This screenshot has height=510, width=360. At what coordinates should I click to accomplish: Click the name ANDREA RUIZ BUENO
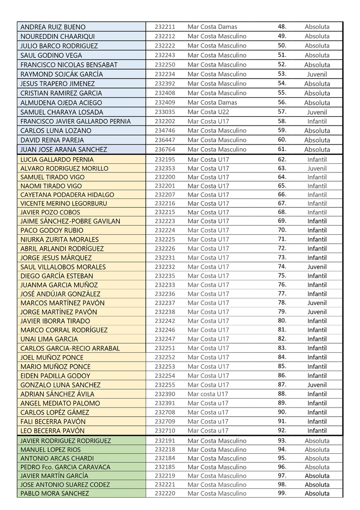pos(53,27)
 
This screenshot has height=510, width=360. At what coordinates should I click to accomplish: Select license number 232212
pos(165,36)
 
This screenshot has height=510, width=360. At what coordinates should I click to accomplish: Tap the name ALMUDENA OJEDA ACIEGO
pos(61,102)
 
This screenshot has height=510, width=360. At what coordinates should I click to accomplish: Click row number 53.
pos(282,74)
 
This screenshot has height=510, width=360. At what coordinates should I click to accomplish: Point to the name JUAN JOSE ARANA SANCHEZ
pos(64,149)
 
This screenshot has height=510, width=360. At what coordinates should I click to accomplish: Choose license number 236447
pos(165,140)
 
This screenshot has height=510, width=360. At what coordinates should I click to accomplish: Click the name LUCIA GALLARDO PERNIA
pos(57,160)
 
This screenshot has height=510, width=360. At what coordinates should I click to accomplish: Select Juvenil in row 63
pos(317,168)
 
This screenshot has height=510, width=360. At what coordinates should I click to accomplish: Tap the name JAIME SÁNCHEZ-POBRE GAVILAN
pos(70,221)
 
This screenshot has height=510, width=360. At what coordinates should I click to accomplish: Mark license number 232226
pos(165,248)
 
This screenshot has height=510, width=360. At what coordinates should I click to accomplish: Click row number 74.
pos(282,266)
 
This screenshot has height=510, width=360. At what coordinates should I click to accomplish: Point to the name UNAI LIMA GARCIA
pos(50,339)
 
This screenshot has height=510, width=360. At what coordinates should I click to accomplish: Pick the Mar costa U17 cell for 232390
pos(208,394)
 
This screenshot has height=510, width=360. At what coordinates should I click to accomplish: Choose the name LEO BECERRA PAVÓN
pos(53,431)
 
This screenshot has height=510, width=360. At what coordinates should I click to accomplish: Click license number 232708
pos(165,412)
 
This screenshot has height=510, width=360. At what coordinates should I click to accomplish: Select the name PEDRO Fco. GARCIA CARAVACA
pos(66,467)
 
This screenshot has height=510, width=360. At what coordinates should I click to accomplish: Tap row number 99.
pos(282,493)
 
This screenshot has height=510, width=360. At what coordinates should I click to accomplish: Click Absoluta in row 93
pos(317,441)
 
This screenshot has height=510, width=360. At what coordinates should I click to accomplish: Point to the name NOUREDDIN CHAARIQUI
pos(58,36)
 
